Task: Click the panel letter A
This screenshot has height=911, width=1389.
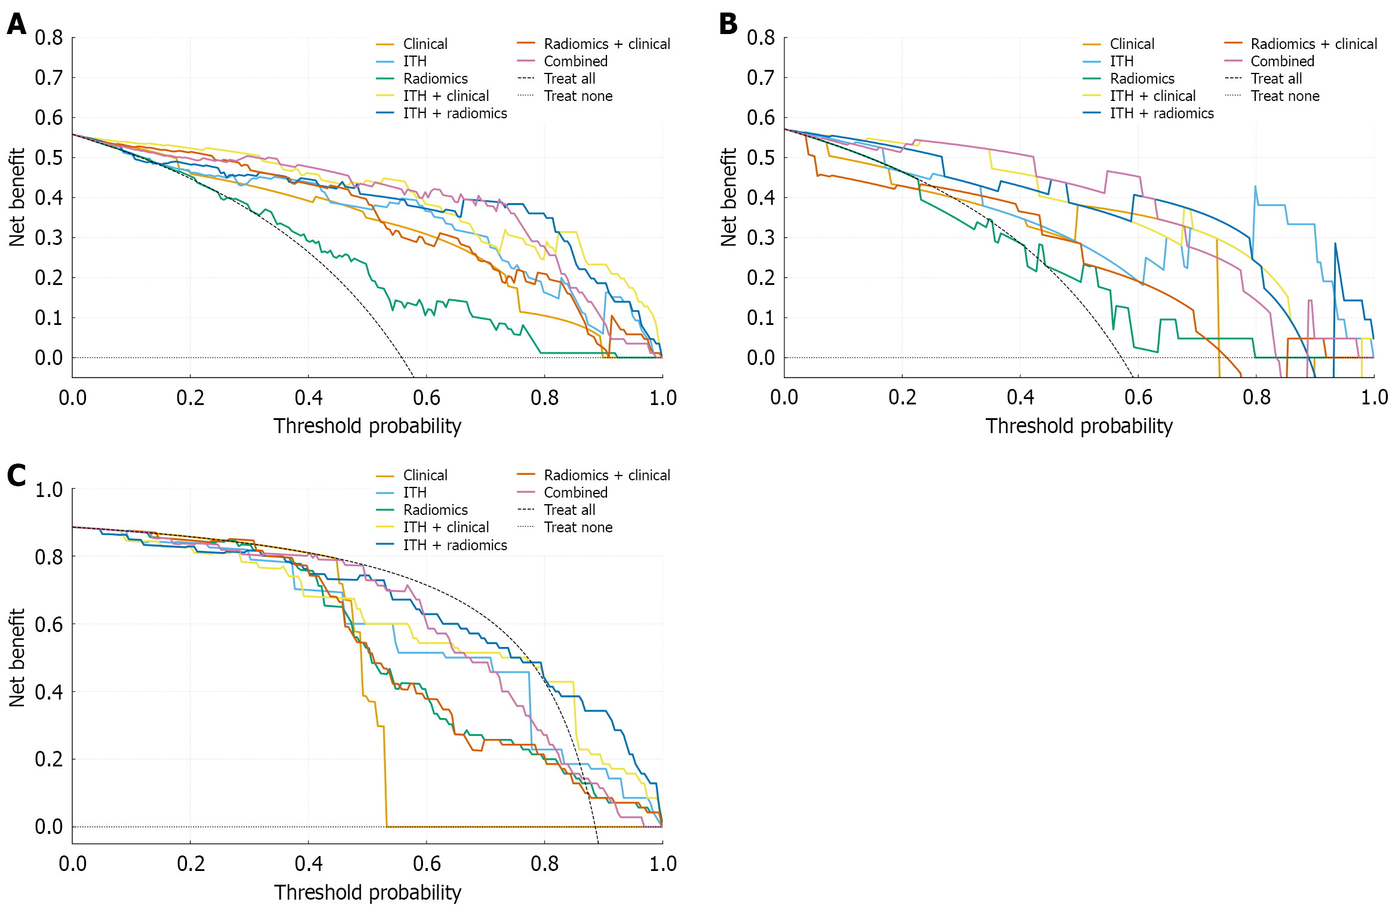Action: point(16,24)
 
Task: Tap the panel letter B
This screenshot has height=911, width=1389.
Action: point(728,24)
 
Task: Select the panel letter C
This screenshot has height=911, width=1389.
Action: point(16,476)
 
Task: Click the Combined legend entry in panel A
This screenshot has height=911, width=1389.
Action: point(575,62)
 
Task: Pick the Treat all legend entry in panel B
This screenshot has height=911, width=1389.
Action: point(1276,79)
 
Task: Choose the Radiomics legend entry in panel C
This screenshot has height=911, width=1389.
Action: point(435,510)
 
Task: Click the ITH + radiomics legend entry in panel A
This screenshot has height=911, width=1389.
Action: point(455,114)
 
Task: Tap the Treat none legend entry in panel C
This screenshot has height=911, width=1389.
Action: point(578,527)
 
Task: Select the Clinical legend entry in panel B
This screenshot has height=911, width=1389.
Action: point(1132,44)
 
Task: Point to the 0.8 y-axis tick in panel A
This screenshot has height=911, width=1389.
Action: point(49,38)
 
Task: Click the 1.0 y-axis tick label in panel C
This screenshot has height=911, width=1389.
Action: point(49,490)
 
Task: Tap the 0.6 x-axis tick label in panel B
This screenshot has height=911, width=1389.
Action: point(1138,397)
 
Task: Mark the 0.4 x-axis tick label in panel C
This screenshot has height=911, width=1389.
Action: point(308,864)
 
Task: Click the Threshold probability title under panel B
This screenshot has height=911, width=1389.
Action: point(1079,426)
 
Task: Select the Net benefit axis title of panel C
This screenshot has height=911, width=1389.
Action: point(17,658)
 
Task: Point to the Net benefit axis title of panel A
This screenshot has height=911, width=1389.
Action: point(17,197)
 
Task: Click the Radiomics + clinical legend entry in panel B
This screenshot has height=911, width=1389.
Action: point(1314,44)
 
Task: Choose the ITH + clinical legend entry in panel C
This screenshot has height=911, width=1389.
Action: point(446,527)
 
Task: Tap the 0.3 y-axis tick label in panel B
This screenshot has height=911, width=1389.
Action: point(761,238)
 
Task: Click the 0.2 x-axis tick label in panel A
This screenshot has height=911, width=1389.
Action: point(190,397)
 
